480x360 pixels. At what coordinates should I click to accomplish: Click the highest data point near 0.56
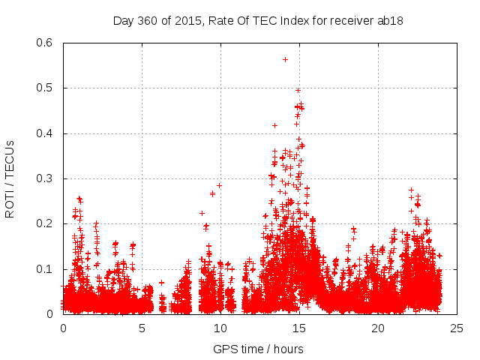(285, 59)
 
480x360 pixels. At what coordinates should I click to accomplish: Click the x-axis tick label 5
(142, 328)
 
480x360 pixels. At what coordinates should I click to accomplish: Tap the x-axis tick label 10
(220, 328)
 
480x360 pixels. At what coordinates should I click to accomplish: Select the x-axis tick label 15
(299, 328)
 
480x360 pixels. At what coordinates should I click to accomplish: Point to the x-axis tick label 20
(378, 328)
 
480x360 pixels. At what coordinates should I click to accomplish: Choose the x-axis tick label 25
(457, 328)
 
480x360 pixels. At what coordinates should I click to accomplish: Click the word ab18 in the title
(392, 20)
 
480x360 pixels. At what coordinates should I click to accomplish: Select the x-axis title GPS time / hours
(259, 349)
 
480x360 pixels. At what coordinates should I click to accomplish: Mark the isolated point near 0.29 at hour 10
(220, 185)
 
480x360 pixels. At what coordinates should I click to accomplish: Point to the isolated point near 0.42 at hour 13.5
(274, 125)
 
